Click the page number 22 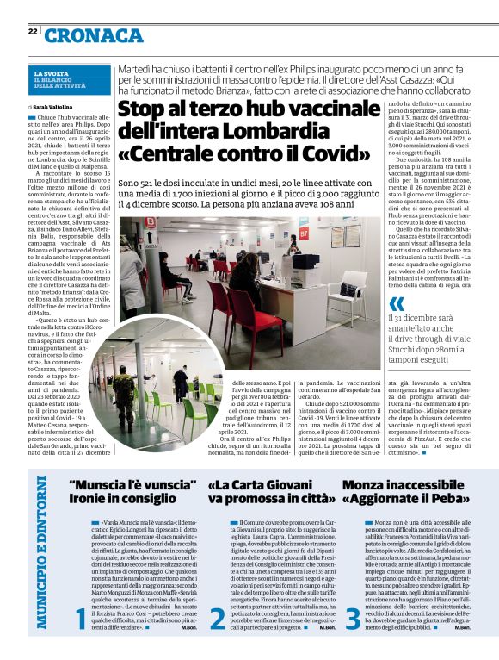coord(32,31)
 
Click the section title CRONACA coord(94,35)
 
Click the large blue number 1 coord(81,593)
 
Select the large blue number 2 coord(217,593)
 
